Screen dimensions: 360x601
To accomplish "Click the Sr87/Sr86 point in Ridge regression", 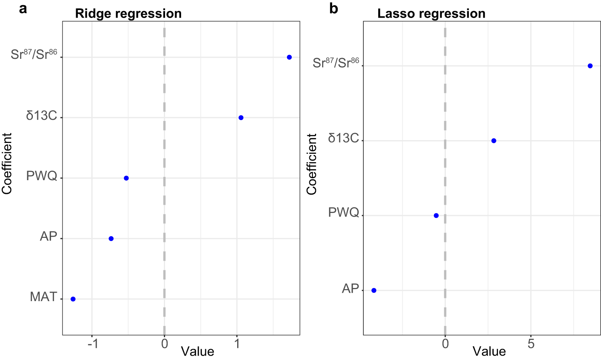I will [289, 57].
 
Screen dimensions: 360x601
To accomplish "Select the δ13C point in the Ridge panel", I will [241, 118].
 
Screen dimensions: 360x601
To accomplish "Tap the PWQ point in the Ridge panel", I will [126, 178].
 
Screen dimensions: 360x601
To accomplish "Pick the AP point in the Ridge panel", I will [111, 239].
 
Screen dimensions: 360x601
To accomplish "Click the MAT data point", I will [73, 299].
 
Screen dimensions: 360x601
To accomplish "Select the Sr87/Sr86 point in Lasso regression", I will [590, 66].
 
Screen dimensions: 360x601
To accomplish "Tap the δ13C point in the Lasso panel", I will [494, 141].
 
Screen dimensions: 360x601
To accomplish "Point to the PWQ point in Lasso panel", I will [436, 215].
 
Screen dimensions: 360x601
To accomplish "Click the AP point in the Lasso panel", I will [374, 290].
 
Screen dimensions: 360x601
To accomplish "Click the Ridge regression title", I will [128, 14].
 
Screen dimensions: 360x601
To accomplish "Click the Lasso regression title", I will [431, 14].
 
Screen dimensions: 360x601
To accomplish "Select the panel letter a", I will [23, 8].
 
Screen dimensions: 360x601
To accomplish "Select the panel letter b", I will [333, 8].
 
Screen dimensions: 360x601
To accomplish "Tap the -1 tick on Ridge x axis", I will [93, 344].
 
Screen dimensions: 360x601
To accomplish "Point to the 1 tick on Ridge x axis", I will [237, 344].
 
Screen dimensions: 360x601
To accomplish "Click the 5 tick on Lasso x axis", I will [531, 344].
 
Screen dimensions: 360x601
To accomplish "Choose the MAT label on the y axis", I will [44, 297].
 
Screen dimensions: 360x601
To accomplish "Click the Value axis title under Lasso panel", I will [489, 352].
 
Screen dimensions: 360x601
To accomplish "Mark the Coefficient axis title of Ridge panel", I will [7, 164].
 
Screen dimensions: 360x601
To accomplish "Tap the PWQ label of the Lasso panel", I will [343, 212].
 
